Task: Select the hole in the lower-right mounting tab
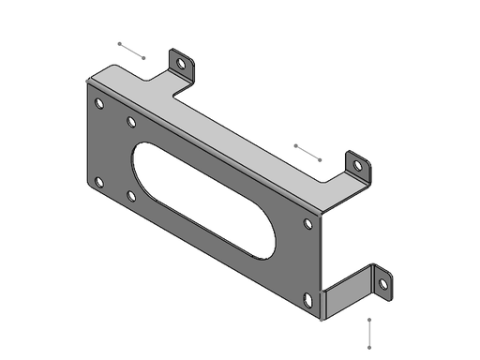point(382,282)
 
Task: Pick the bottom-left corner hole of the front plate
point(99,182)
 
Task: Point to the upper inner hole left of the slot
point(131,122)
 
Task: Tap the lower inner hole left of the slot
point(131,196)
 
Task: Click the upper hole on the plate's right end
point(308,224)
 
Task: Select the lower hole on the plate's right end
point(308,299)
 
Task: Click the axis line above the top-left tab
point(131,50)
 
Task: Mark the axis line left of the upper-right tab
point(307,152)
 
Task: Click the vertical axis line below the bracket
point(370,334)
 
